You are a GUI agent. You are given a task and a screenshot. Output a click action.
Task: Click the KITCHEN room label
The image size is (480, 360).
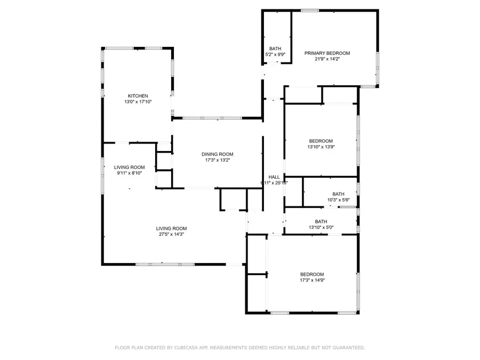click(137, 96)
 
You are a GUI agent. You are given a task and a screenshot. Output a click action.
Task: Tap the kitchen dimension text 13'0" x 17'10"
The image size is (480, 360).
click(137, 102)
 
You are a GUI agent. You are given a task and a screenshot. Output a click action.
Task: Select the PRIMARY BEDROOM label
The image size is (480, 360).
click(327, 53)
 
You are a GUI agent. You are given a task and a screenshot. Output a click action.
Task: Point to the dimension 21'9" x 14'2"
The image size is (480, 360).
click(327, 59)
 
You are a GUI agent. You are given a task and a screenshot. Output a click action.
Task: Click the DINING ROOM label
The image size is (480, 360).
click(217, 154)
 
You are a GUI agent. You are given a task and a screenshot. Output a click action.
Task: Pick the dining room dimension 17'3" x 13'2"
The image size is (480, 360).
click(217, 161)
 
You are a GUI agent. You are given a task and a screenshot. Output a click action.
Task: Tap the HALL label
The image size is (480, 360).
click(274, 177)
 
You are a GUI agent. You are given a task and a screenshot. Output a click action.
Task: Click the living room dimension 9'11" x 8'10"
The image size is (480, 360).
click(129, 173)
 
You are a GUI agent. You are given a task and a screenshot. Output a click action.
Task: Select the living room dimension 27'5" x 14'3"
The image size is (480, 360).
click(172, 234)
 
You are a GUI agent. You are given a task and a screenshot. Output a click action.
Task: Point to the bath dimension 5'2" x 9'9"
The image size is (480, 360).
click(275, 54)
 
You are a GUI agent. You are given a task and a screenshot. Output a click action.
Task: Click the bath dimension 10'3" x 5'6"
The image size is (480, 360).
click(338, 200)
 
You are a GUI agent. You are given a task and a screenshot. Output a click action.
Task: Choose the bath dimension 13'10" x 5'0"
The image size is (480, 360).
click(321, 228)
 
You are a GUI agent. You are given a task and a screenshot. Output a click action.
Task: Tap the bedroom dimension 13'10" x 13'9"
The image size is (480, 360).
click(321, 147)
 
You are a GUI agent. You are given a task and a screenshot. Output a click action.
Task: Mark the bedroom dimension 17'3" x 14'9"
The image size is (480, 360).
click(311, 281)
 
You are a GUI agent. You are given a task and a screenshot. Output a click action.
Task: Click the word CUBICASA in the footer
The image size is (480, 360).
click(190, 348)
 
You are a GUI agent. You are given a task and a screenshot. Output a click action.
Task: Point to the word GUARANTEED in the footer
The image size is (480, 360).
click(345, 348)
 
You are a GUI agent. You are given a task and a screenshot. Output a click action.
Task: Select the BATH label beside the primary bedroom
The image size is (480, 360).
click(275, 49)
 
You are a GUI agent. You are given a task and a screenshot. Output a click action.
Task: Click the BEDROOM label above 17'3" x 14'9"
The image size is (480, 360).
click(311, 274)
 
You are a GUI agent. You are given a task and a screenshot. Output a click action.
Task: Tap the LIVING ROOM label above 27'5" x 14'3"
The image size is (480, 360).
click(172, 228)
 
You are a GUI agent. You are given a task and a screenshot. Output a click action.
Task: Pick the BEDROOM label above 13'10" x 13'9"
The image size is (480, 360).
click(321, 141)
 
